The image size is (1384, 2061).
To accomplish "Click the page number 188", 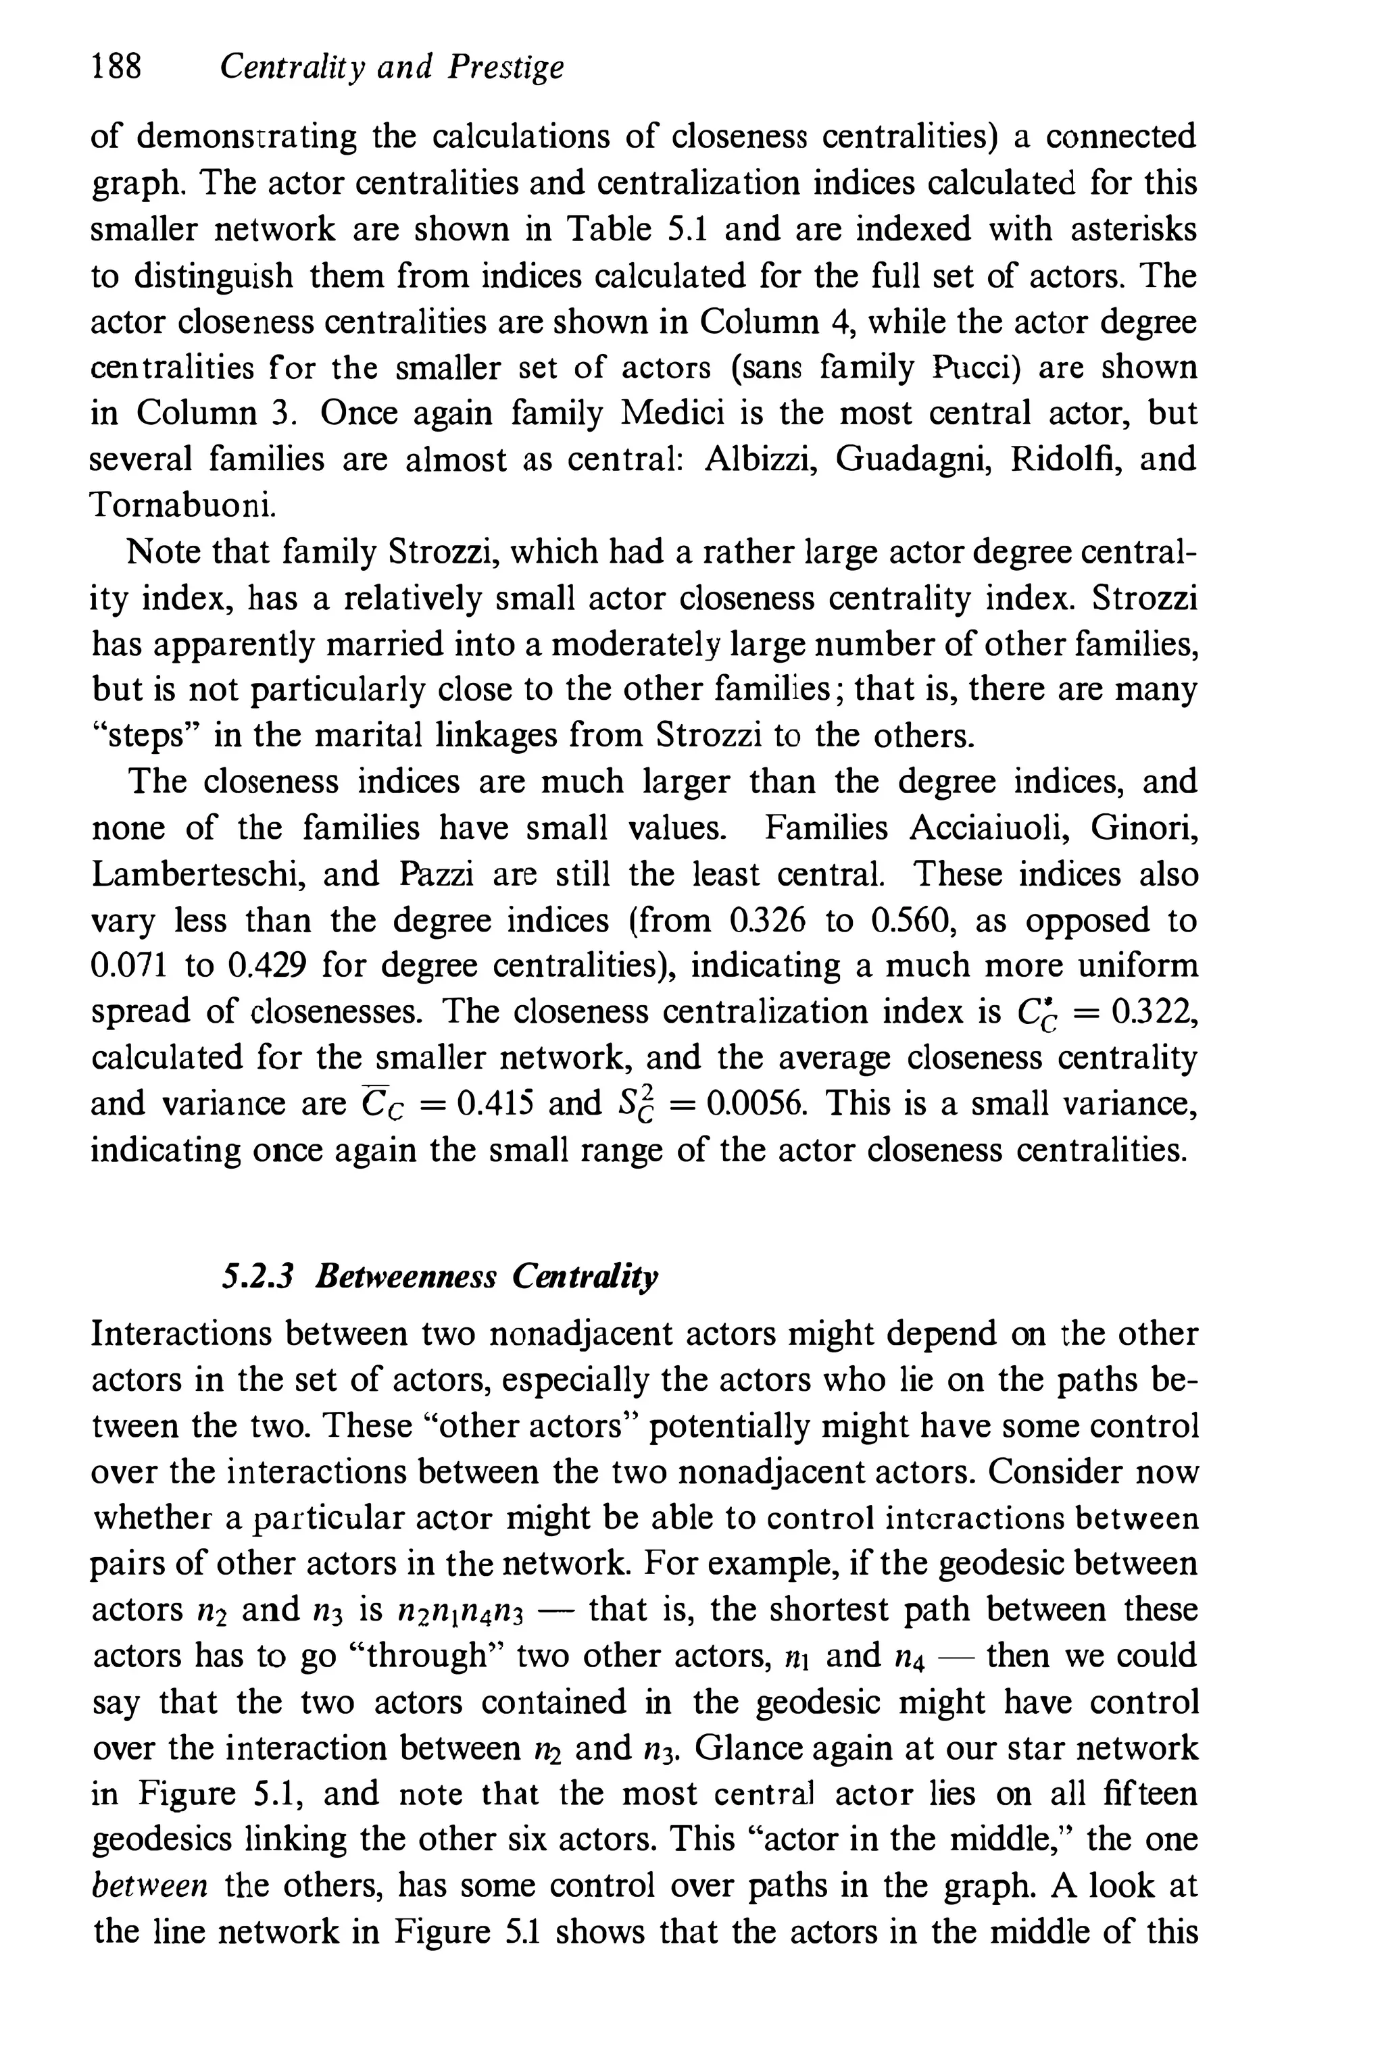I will click(116, 67).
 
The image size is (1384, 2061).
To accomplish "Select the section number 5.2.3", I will click(257, 1277).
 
